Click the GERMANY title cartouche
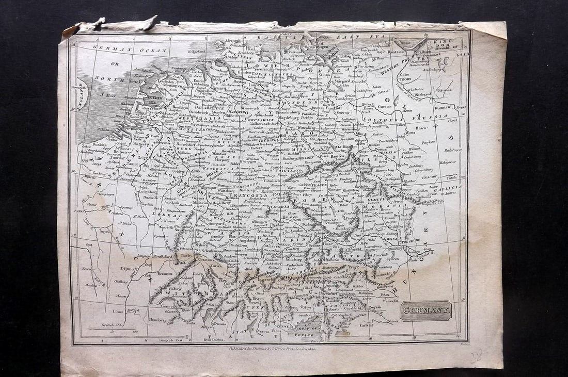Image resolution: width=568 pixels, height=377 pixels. tap(426, 311)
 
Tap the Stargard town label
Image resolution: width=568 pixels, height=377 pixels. tap(342, 81)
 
